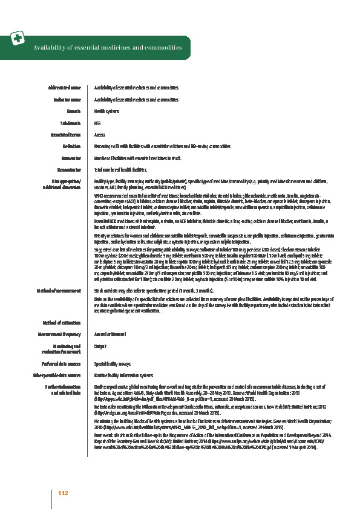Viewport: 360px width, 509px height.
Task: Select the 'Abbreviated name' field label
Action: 64,88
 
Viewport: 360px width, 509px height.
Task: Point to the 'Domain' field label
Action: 74,111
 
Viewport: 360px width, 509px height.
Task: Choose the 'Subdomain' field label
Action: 70,123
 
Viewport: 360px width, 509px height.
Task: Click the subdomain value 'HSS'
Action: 98,123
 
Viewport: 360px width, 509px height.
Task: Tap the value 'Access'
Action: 100,135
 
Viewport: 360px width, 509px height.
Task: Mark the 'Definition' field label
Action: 72,146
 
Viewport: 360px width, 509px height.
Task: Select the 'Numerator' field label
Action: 70,158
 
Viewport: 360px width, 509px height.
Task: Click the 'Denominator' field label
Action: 68,170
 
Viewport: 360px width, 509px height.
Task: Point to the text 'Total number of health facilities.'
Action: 120,170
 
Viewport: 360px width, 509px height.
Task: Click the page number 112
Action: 63,494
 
